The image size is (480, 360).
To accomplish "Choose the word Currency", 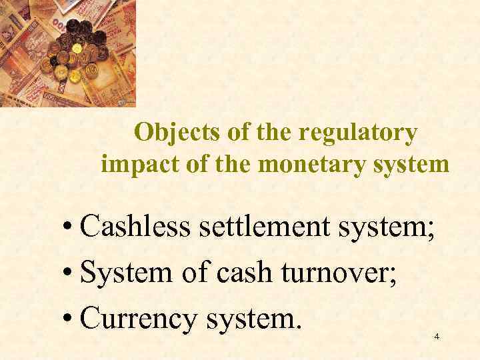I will [137, 318].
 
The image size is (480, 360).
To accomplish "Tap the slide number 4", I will [437, 337].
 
